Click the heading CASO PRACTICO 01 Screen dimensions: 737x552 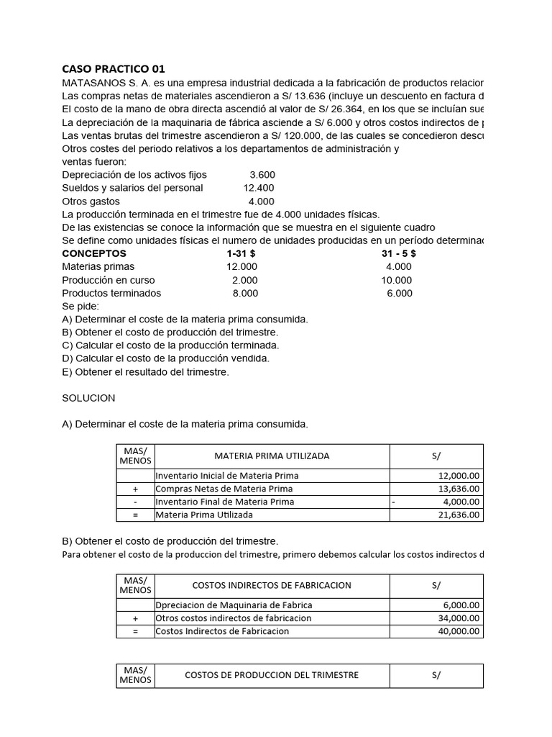pos(114,69)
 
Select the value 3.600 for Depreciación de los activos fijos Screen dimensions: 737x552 pos(262,175)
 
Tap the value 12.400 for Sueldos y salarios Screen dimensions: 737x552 pos(259,188)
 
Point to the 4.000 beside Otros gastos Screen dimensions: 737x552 pos(261,202)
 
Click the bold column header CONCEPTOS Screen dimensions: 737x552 pos(94,253)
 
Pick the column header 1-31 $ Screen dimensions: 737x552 pos(241,253)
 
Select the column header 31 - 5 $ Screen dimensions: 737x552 pos(398,253)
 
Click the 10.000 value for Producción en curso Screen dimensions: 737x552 pos(396,280)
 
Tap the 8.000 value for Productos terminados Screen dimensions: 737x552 pos(245,293)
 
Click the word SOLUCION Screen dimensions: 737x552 pos(88,398)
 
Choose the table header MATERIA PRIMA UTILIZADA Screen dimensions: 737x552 pos(272,456)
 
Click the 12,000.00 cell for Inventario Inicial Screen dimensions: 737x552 pos(459,476)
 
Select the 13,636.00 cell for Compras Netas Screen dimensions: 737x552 pos(459,489)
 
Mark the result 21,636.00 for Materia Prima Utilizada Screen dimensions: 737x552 pos(459,515)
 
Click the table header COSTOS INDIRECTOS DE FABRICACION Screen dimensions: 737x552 pos(272,585)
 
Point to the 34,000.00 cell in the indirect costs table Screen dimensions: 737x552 pos(459,618)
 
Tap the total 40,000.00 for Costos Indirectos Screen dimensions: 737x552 pos(459,631)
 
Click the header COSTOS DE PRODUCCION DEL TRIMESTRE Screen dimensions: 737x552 pos(272,675)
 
